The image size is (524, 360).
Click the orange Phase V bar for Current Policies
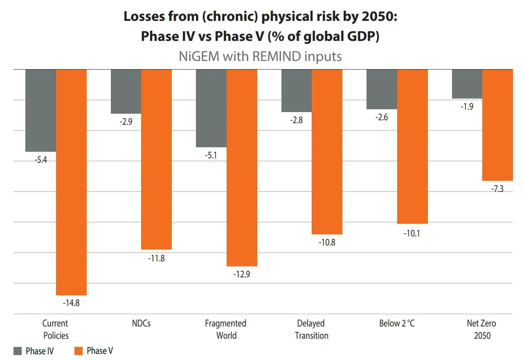71,182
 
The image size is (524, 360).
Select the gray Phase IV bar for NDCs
126,92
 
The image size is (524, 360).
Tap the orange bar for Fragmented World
242,168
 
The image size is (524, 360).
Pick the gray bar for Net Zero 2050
467,84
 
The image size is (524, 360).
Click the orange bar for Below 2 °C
412,146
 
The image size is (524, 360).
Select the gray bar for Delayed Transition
297,91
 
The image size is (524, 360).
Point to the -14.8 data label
71,303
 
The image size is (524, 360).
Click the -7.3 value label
497,189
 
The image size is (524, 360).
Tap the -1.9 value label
467,106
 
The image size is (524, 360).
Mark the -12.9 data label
242,274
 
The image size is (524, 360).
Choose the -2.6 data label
382,117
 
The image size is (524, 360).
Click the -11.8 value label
156,258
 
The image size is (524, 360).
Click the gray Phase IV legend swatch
18,351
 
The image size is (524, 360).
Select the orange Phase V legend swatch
79,351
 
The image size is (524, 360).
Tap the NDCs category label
141,323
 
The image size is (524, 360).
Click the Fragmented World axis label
226,329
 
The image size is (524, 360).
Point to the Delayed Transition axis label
312,329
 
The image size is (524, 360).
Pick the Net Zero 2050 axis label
481,329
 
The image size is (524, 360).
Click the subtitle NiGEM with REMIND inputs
260,56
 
